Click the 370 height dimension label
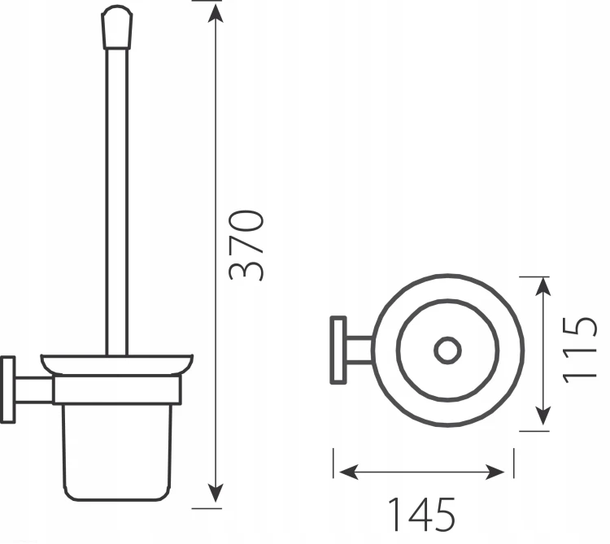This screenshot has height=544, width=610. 246,245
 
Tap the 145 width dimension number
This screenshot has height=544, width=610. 421,514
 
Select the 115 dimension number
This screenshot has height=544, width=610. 580,350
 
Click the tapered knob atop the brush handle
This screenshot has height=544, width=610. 116,27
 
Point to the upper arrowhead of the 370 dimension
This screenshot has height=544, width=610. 216,14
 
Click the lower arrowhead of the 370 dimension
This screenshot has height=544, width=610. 216,493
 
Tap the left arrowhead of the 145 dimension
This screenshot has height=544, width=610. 349,472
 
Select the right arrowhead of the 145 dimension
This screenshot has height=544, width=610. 495,472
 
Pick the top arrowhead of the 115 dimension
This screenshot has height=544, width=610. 543,287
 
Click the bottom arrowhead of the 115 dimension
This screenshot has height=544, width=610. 543,416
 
